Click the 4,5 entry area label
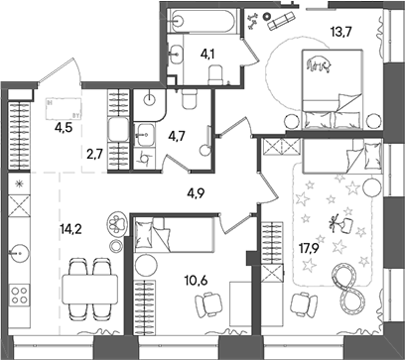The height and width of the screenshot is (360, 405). coord(63,126)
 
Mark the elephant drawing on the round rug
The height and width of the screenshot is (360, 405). coord(319,67)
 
